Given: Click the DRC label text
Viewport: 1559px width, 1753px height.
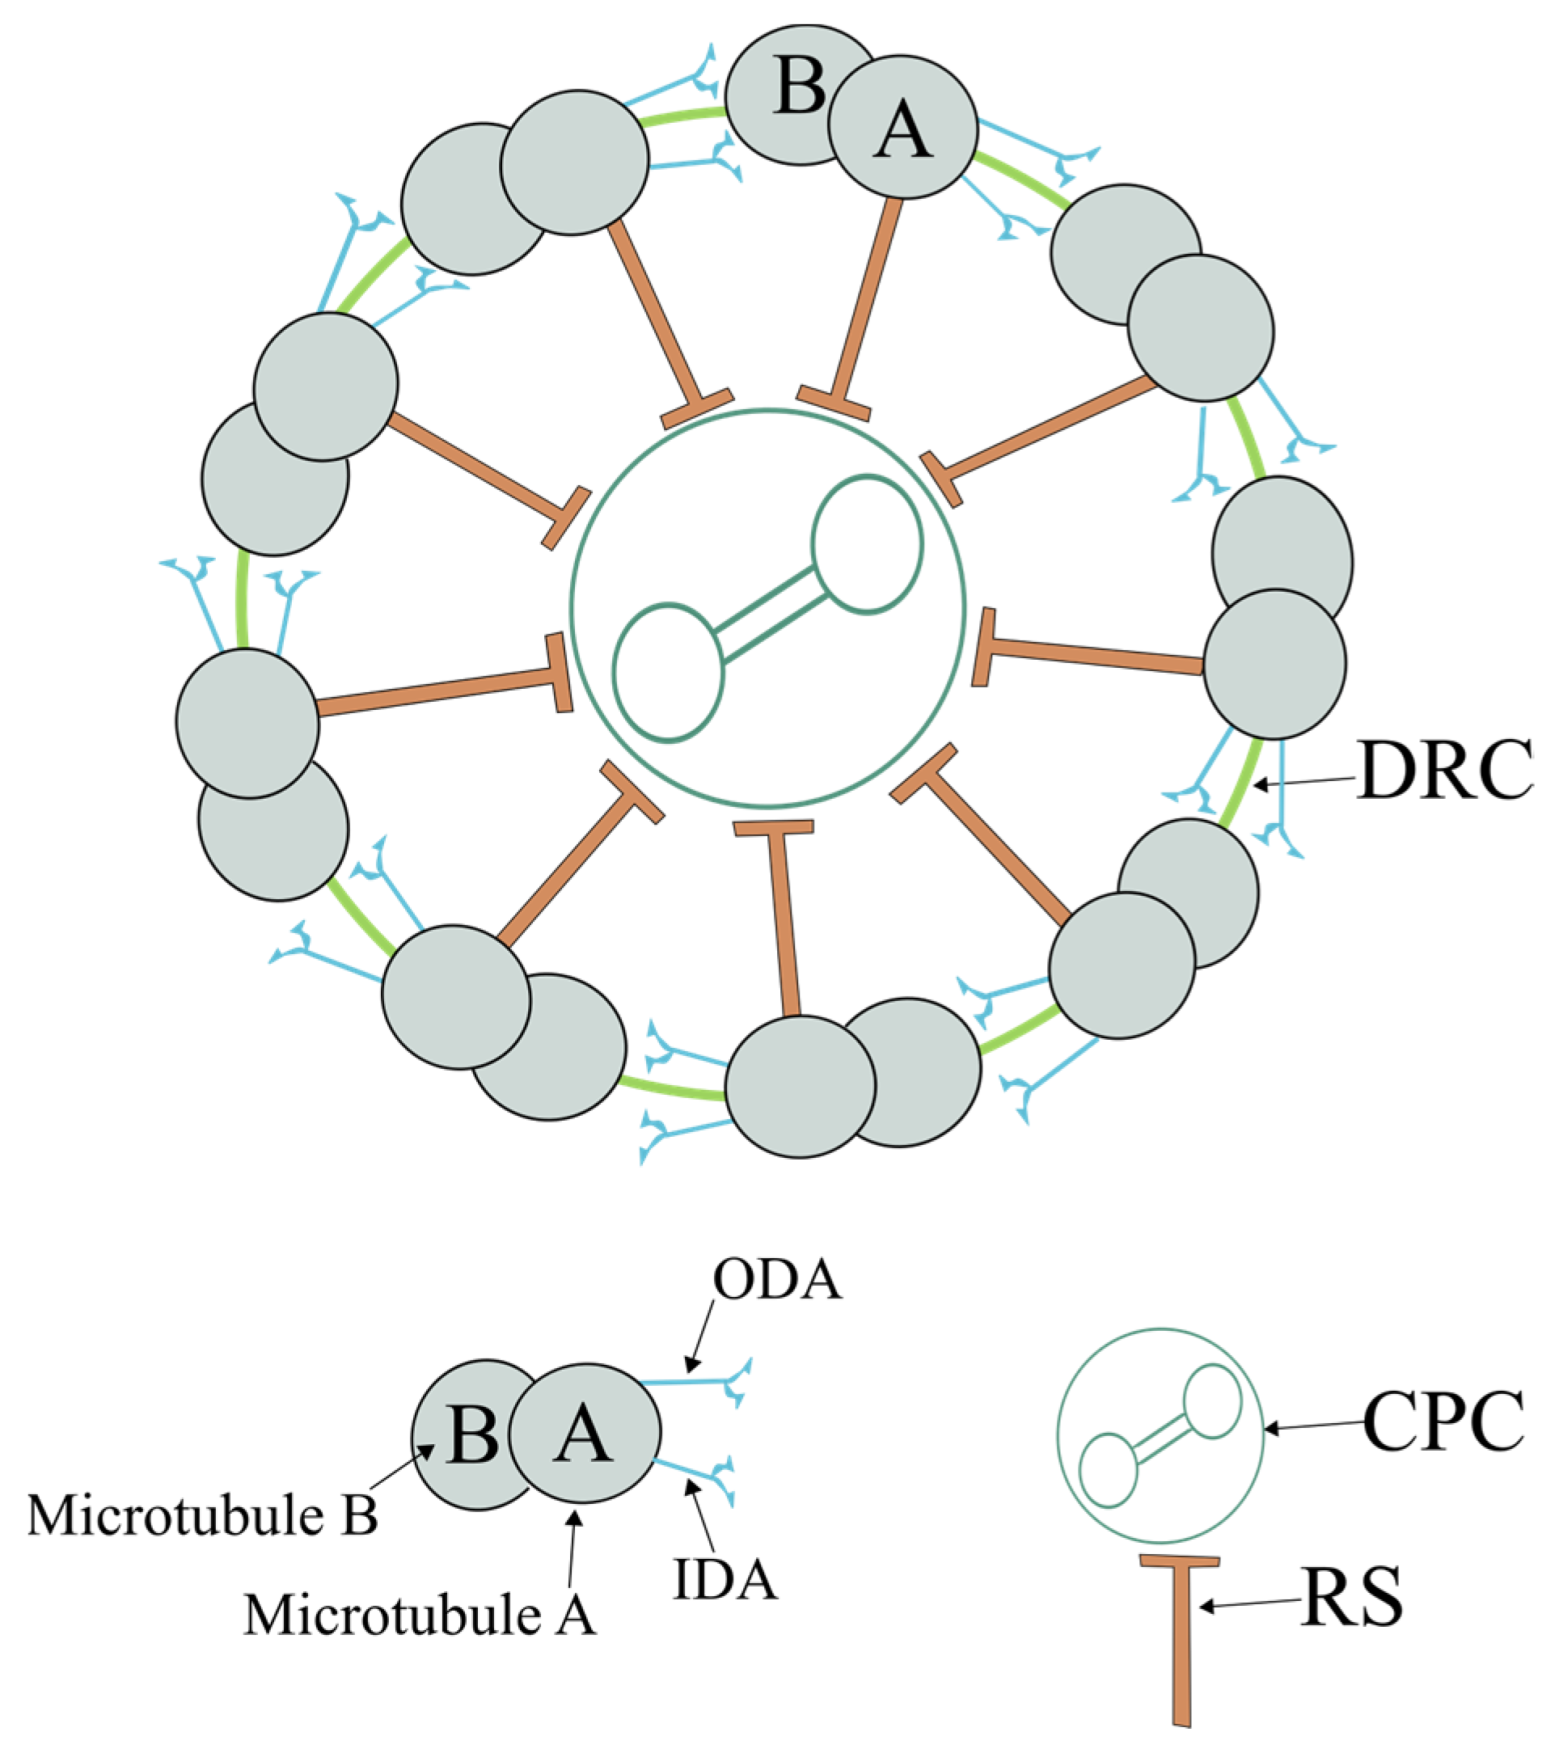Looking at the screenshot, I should [1444, 770].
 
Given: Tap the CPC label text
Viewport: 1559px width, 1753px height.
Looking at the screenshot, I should [1444, 1422].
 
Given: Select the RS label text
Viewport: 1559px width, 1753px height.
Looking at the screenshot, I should [1351, 1598].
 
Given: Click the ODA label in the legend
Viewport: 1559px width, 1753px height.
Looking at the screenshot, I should [777, 1281].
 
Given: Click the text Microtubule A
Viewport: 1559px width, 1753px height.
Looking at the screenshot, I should [420, 1615].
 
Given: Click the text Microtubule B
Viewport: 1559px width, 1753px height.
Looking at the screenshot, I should [202, 1515].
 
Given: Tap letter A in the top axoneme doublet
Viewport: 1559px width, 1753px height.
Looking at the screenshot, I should [902, 132].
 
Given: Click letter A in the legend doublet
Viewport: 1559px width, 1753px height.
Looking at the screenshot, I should [583, 1434].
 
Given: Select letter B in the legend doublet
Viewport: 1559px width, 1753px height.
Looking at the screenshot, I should [472, 1434].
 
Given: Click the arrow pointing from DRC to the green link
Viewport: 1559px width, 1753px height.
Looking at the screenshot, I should [1303, 781].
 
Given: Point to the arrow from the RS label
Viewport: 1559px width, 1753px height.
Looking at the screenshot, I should [1248, 1603].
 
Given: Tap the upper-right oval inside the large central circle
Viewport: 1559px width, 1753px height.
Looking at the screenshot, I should [867, 543].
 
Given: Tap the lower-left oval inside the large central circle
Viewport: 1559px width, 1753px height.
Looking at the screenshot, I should [668, 673].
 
